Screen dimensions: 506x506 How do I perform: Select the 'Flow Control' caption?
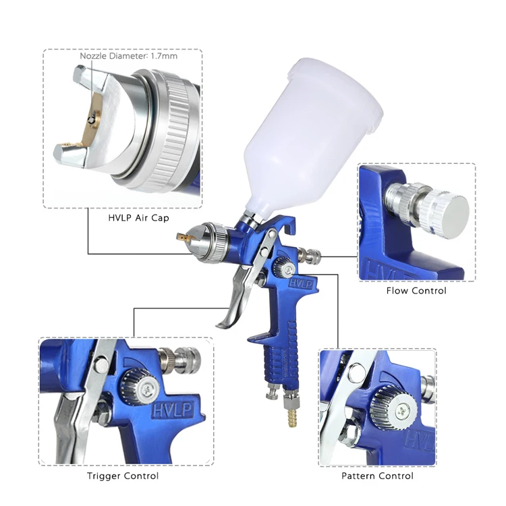coord(416,291)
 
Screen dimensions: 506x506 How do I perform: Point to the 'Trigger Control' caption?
coord(123,476)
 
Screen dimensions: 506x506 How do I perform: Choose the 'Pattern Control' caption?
coord(378,476)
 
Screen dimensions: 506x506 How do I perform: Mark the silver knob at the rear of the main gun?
coord(311,256)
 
